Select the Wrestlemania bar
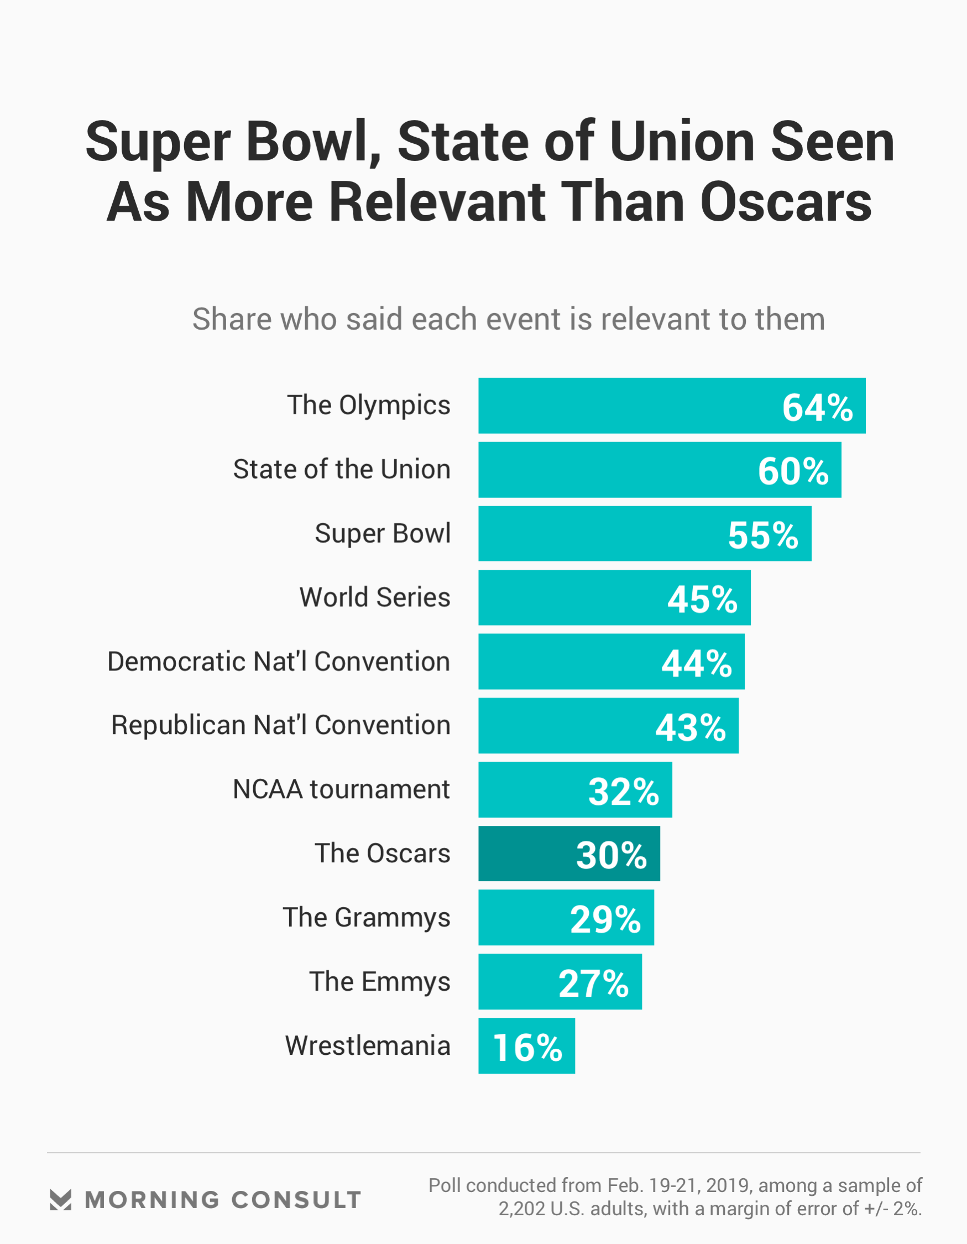[x=526, y=1046]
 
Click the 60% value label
[x=793, y=472]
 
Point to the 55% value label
[x=763, y=535]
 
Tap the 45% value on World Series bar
[x=702, y=599]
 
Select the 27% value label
[x=593, y=983]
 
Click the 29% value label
[x=605, y=919]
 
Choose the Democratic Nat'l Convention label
[x=279, y=662]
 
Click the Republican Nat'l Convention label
[x=281, y=725]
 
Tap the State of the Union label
[x=342, y=470]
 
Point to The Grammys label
[x=366, y=918]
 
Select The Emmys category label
[x=379, y=982]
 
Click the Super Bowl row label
[x=383, y=534]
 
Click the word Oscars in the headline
[x=786, y=202]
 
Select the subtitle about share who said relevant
[x=508, y=319]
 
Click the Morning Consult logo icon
[x=60, y=1200]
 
